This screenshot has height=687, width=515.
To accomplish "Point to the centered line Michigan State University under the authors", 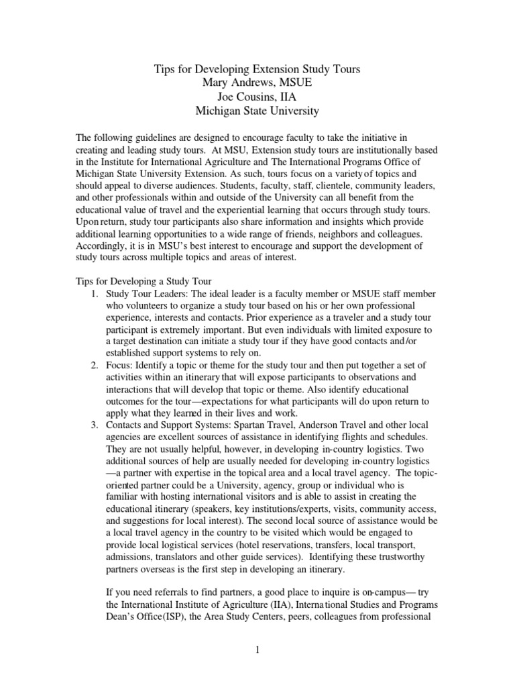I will [257, 111].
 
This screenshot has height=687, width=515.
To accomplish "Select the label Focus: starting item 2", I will [123, 365].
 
